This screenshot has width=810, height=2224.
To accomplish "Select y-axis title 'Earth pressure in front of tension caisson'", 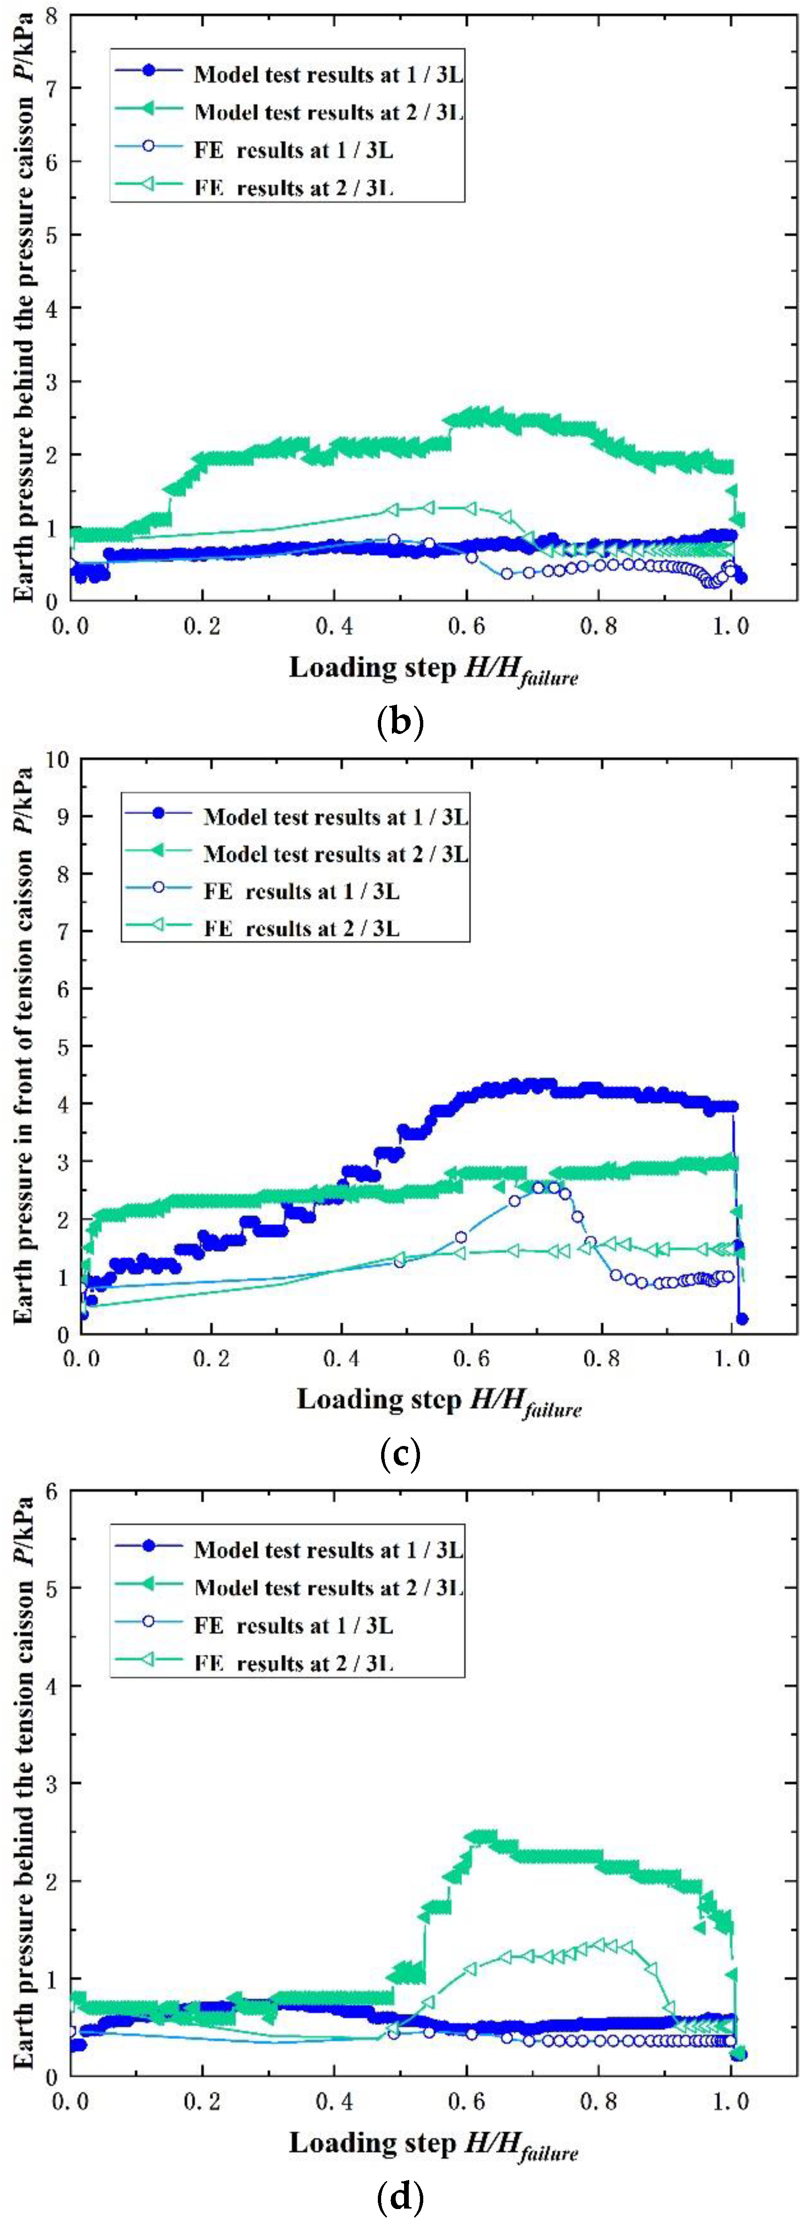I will point(26,1045).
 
